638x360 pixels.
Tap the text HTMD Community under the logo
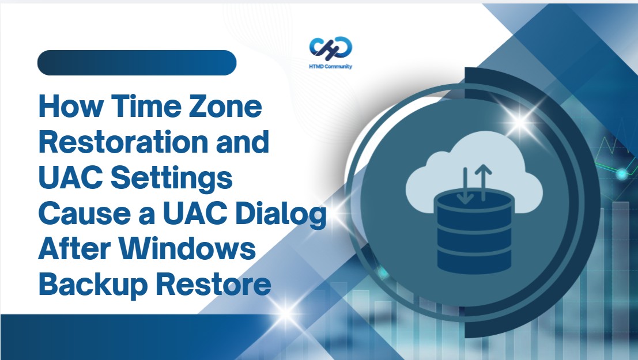[x=331, y=67]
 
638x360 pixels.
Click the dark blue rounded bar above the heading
[x=137, y=63]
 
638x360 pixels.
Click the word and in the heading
[x=244, y=142]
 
